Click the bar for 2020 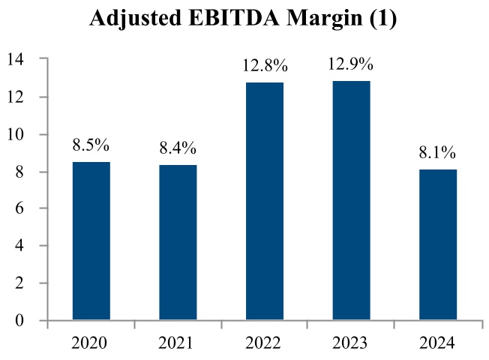(x=91, y=241)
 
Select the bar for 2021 (x=178, y=242)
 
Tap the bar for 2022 (x=265, y=201)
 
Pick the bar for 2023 (x=351, y=200)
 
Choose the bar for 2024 (x=438, y=244)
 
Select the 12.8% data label (x=264, y=66)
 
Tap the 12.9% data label (x=351, y=64)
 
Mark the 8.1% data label (x=438, y=153)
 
